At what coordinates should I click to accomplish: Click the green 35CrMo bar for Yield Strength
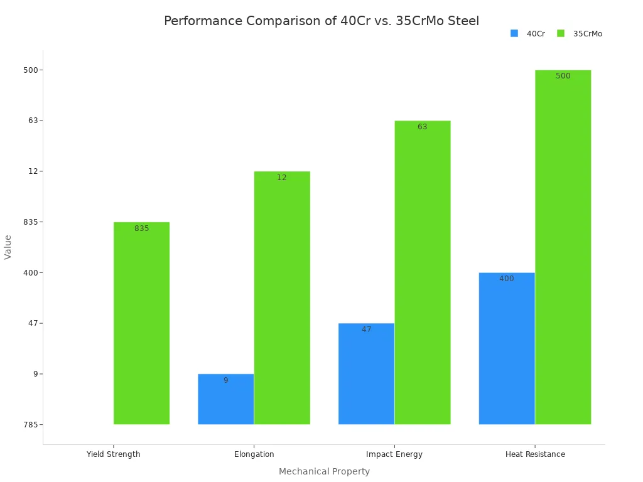pyautogui.click(x=141, y=323)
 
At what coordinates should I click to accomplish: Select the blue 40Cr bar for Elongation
pyautogui.click(x=225, y=399)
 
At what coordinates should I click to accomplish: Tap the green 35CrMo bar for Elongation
pyautogui.click(x=282, y=298)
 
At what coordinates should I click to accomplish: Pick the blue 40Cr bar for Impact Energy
pyautogui.click(x=366, y=374)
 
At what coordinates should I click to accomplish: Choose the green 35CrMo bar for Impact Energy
pyautogui.click(x=423, y=272)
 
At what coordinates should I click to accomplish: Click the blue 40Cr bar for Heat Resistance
pyautogui.click(x=507, y=348)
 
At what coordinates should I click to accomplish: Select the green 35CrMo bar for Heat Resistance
pyautogui.click(x=563, y=247)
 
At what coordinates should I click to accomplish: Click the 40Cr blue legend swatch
pyautogui.click(x=514, y=33)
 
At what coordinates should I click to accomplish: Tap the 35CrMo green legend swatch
pyautogui.click(x=561, y=33)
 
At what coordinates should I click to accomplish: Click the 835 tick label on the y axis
pyautogui.click(x=31, y=222)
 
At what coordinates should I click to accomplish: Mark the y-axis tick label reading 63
pyautogui.click(x=33, y=120)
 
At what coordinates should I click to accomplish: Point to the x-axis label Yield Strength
pyautogui.click(x=113, y=454)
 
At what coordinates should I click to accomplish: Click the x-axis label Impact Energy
pyautogui.click(x=394, y=454)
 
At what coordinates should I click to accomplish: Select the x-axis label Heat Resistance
pyautogui.click(x=535, y=454)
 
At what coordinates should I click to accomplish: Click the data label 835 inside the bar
pyautogui.click(x=142, y=228)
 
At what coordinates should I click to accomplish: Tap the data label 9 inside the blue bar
pyautogui.click(x=225, y=380)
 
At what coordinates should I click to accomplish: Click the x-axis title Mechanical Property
pyautogui.click(x=324, y=471)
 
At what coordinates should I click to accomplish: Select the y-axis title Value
pyautogui.click(x=8, y=247)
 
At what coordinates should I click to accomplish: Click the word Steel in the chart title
pyautogui.click(x=463, y=21)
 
